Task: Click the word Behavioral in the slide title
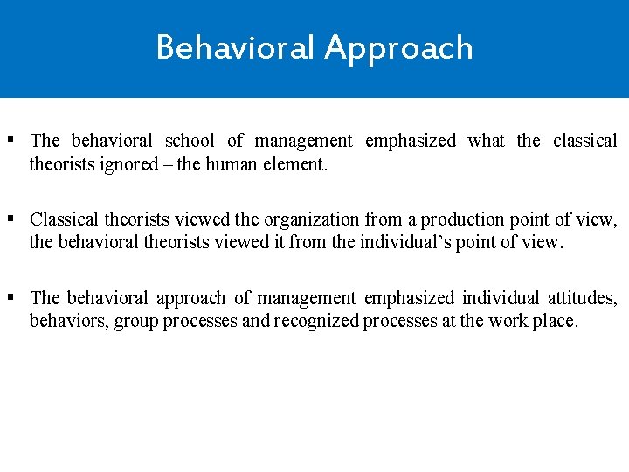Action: [x=236, y=47]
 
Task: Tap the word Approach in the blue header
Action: [x=398, y=49]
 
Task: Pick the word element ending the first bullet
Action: [x=298, y=163]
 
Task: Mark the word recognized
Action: [x=315, y=321]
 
